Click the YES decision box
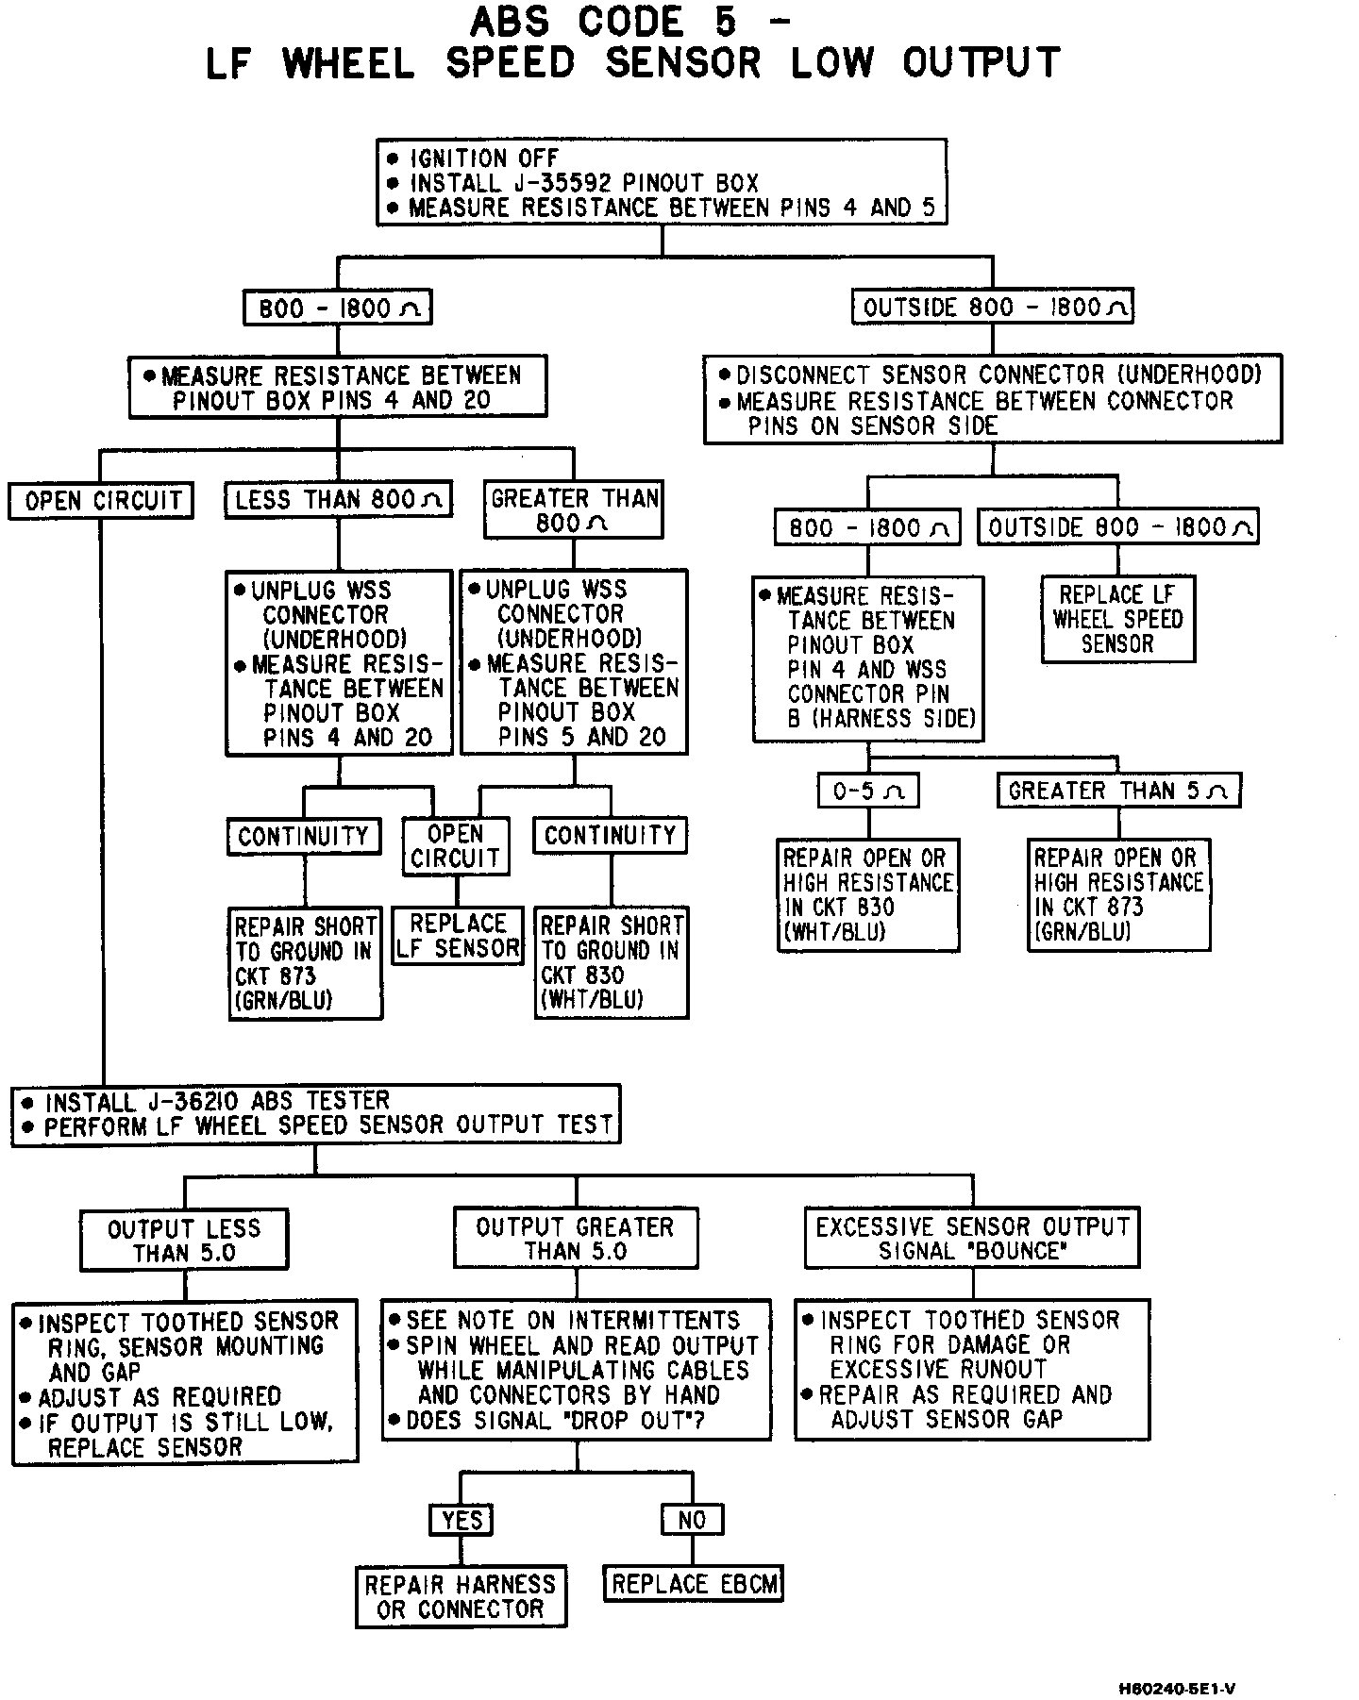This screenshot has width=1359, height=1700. point(461,1520)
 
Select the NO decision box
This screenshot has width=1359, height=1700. point(692,1520)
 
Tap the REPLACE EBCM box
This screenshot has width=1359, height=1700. point(694,1584)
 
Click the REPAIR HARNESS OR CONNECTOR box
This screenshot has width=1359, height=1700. point(461,1596)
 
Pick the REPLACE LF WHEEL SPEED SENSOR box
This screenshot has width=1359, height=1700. point(1118,620)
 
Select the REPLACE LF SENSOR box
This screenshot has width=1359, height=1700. point(458,936)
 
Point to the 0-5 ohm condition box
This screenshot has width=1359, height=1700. point(868,791)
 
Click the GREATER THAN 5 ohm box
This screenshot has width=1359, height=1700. point(1118,791)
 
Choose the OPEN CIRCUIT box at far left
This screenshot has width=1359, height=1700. point(102,500)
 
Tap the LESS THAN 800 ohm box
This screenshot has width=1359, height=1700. point(339,499)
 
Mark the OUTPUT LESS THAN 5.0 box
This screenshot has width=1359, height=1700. point(184,1241)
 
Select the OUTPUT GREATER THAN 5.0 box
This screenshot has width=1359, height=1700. point(575,1240)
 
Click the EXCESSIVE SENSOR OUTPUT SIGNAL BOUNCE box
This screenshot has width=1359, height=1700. point(972,1239)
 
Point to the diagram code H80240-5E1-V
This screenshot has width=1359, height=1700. point(1177,1689)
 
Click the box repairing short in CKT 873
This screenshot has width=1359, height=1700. point(306,963)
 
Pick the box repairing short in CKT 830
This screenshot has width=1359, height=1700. point(612,963)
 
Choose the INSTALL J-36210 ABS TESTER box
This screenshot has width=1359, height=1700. point(316,1114)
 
